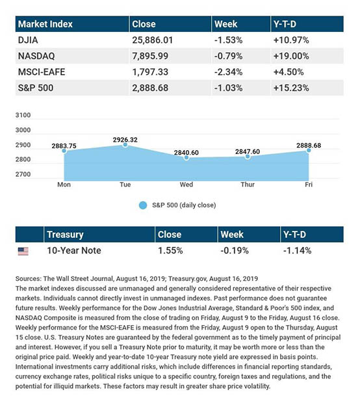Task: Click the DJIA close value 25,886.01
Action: point(152,40)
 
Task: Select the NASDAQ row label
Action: point(36,56)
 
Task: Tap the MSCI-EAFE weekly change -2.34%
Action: point(228,72)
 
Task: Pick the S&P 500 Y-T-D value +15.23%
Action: point(291,88)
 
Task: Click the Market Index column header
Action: point(45,24)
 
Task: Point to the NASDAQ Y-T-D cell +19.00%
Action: point(291,56)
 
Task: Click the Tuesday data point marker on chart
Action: point(125,145)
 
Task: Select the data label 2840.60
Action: point(186,153)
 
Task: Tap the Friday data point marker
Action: point(309,150)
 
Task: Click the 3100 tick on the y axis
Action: point(23,115)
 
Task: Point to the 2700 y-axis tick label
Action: point(23,174)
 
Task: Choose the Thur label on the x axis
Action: point(248,185)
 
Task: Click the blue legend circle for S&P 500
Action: point(143,205)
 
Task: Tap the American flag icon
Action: point(23,251)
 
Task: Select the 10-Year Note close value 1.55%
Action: point(170,251)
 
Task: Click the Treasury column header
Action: point(65,235)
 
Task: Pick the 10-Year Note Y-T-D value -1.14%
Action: point(297,251)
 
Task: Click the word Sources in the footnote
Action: point(29,279)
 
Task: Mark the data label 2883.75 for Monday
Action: point(64,146)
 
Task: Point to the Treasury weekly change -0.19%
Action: point(235,251)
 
